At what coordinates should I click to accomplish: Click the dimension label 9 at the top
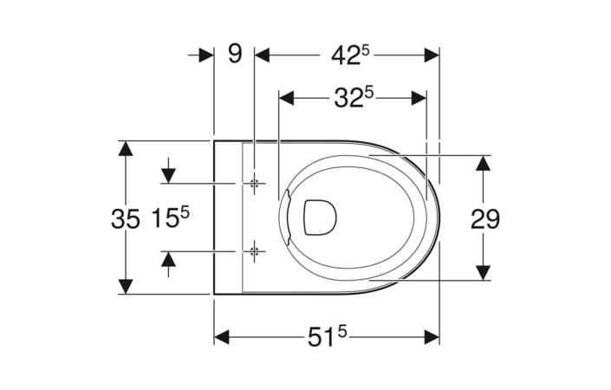(x=235, y=54)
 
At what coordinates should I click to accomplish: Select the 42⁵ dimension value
(x=350, y=55)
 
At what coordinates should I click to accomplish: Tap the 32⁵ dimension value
(x=354, y=97)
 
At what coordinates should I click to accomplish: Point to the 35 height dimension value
(x=126, y=218)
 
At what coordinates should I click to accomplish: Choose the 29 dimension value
(x=485, y=218)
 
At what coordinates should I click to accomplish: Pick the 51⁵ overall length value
(x=328, y=336)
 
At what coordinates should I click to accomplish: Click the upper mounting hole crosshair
(x=255, y=183)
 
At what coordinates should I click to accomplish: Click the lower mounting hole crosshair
(x=255, y=251)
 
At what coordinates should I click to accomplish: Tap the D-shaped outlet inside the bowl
(x=320, y=218)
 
